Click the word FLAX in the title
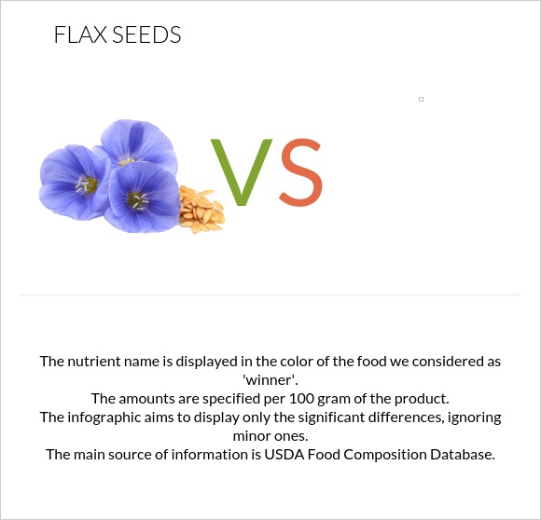click(x=80, y=35)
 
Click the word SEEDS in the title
click(x=146, y=35)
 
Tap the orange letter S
click(x=300, y=172)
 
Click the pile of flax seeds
click(x=200, y=209)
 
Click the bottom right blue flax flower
click(x=140, y=198)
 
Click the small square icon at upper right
click(x=422, y=99)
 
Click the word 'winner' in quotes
click(x=270, y=379)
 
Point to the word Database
click(x=458, y=455)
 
